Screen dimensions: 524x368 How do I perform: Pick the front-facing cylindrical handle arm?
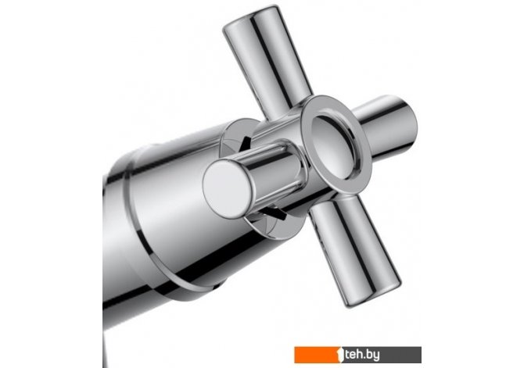click(x=254, y=180)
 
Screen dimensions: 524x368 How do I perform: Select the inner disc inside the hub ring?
click(x=334, y=147)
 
